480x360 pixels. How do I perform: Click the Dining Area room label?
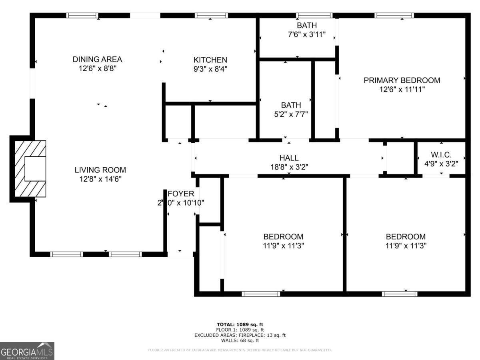[x=97, y=59]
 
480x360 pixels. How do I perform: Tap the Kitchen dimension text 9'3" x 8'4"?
[x=210, y=68]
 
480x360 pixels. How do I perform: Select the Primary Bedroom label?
[x=402, y=80]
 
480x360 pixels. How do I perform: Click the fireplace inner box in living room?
[x=36, y=169]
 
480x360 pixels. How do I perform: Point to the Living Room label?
[x=100, y=170]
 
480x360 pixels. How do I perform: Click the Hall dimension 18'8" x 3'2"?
[x=289, y=167]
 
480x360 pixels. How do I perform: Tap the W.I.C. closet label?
[x=441, y=154]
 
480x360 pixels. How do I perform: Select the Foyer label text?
[x=181, y=194]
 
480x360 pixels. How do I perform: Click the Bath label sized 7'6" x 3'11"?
[x=306, y=26]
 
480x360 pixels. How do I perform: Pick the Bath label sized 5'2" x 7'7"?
[x=291, y=105]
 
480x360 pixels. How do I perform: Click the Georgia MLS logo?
[x=27, y=351]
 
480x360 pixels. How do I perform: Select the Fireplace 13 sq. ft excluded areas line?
[x=240, y=335]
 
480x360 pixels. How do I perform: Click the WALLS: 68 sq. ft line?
[x=240, y=341]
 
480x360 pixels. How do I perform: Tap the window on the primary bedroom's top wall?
[x=394, y=16]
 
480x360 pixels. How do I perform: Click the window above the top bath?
[x=314, y=16]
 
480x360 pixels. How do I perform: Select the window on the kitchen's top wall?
[x=211, y=16]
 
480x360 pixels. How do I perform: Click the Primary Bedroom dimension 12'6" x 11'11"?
[x=402, y=90]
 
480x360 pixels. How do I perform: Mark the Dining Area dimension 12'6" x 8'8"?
[x=97, y=68]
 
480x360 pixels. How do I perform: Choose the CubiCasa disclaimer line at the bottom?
[x=240, y=350]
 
